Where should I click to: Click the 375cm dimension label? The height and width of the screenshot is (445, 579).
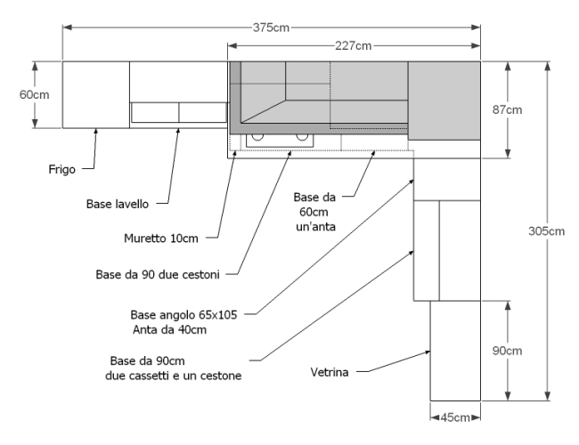click(x=271, y=28)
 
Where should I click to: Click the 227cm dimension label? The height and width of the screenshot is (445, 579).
click(x=354, y=46)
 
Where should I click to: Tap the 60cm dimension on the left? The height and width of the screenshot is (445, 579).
click(x=35, y=95)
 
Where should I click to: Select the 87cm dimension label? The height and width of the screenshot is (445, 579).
click(x=508, y=110)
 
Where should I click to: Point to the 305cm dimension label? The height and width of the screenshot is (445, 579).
click(x=547, y=231)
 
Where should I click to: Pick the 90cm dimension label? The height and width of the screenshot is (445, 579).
click(x=508, y=351)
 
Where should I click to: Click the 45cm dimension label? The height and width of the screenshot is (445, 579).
click(x=455, y=417)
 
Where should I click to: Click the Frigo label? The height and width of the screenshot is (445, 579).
click(x=62, y=170)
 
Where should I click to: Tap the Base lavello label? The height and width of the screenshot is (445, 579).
click(x=118, y=204)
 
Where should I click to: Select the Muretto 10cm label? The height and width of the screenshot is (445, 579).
click(x=161, y=239)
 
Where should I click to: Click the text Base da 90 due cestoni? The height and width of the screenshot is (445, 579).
click(x=158, y=274)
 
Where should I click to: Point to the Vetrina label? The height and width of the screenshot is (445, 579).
click(x=330, y=372)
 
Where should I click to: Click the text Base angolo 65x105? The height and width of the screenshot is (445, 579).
click(x=183, y=315)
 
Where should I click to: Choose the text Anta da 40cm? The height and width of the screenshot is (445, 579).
click(x=169, y=329)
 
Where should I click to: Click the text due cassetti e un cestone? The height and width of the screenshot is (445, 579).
click(x=174, y=376)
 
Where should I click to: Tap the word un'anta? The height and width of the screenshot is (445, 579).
click(x=315, y=227)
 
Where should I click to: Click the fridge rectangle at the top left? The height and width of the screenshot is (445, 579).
click(x=96, y=95)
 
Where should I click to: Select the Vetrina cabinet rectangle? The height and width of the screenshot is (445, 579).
click(x=455, y=351)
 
